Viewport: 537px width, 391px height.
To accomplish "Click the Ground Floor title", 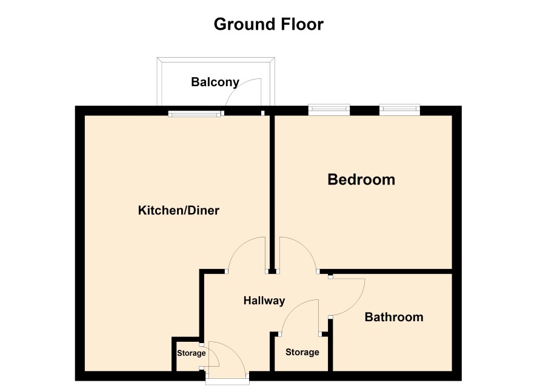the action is pyautogui.click(x=268, y=24).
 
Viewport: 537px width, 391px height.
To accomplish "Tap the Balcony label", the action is pyautogui.click(x=215, y=83).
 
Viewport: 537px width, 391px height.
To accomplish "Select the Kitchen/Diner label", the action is pyautogui.click(x=178, y=210).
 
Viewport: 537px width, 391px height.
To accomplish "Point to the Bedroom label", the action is pyautogui.click(x=361, y=180).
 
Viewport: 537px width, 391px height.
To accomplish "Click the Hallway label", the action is pyautogui.click(x=264, y=301).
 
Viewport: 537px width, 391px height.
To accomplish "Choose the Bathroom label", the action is pyautogui.click(x=394, y=317).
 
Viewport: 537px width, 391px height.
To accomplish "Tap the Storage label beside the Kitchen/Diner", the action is pyautogui.click(x=191, y=353).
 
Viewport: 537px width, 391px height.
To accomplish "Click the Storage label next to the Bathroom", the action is pyautogui.click(x=302, y=352).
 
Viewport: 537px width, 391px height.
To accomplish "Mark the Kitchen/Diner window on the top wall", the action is pyautogui.click(x=196, y=114).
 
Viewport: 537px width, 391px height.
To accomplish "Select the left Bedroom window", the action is pyautogui.click(x=329, y=109).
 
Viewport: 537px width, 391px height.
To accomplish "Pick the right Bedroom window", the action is pyautogui.click(x=399, y=109).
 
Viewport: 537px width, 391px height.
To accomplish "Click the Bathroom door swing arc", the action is pyautogui.click(x=357, y=304).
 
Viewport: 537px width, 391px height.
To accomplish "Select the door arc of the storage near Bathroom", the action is pyautogui.click(x=291, y=308).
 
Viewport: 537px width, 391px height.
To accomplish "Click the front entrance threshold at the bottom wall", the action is pyautogui.click(x=227, y=381).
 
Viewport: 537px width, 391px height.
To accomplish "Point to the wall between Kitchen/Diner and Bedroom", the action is pyautogui.click(x=272, y=192).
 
